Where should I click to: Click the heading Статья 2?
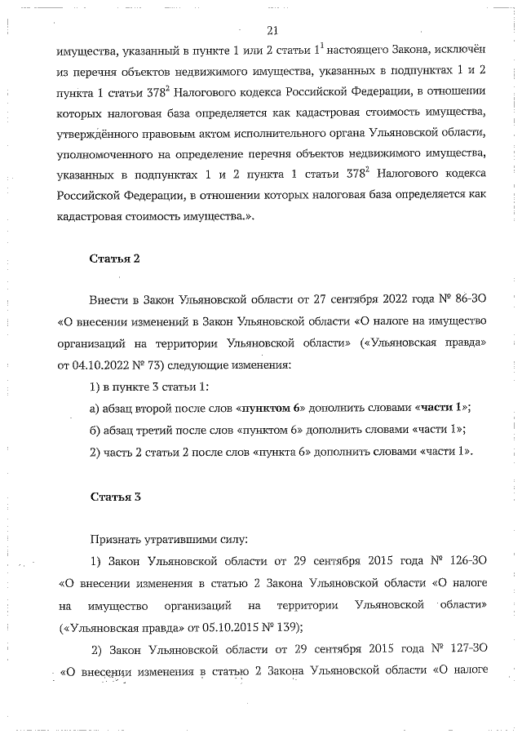115,259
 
